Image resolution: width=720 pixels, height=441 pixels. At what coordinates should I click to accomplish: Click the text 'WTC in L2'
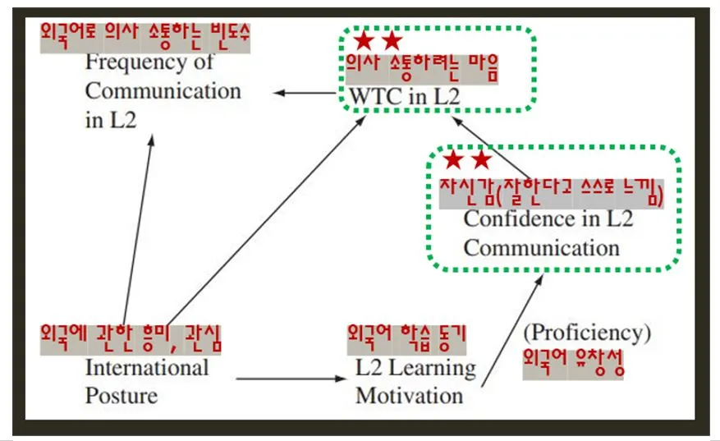coord(404,95)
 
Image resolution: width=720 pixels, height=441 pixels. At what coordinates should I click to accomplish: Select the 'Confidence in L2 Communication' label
coord(542,233)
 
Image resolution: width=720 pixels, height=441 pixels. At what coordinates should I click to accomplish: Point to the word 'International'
coord(147,367)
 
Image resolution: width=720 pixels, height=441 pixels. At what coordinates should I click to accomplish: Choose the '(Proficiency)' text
coord(587,333)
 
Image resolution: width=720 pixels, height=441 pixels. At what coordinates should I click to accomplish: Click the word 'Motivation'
coord(409,395)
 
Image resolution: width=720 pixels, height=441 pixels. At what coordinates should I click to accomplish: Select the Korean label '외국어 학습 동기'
coord(406,334)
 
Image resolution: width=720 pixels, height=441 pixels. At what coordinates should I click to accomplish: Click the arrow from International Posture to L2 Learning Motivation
coord(291,379)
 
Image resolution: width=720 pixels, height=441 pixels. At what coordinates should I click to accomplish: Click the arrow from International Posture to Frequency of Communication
coord(138,226)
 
